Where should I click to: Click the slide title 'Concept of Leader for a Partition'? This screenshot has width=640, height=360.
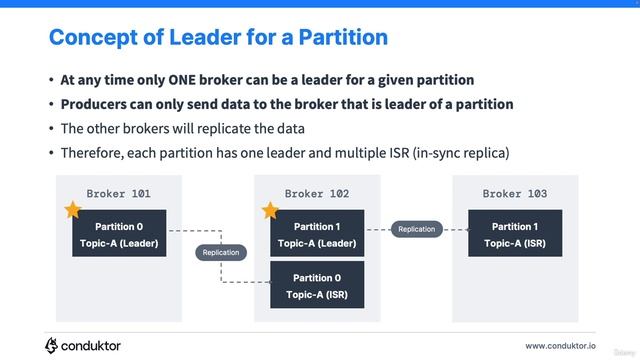tap(218, 38)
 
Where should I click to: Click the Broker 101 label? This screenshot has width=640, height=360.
tap(119, 193)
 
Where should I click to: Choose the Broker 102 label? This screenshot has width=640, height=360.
tap(317, 193)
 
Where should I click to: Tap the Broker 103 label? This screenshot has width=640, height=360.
tap(515, 193)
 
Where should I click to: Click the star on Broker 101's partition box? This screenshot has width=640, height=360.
tap(72, 211)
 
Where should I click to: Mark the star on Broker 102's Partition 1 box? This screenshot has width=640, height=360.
tap(270, 211)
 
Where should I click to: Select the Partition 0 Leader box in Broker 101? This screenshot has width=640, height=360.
tap(119, 234)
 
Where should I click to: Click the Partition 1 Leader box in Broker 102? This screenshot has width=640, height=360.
tap(317, 234)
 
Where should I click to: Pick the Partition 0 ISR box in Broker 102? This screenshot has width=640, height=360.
tap(317, 285)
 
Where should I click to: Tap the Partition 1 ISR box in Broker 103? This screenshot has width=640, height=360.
tap(515, 234)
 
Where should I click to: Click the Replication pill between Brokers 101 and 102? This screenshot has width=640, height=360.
tap(221, 252)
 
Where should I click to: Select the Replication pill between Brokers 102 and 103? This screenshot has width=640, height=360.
tap(416, 229)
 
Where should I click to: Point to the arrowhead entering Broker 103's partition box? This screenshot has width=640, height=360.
tap(465, 229)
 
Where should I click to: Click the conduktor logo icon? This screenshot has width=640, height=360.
tap(52, 345)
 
